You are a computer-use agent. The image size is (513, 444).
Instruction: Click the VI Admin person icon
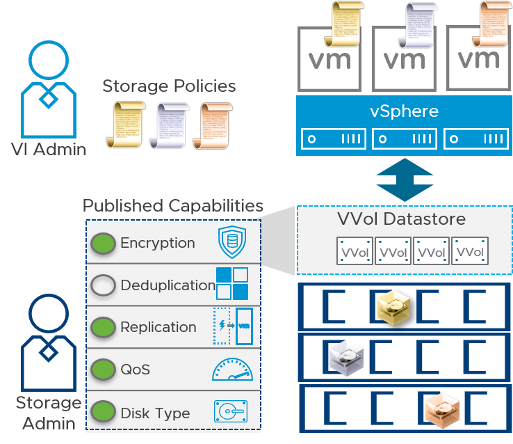pos(47,90)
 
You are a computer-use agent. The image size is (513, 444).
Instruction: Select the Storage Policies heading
pos(169,86)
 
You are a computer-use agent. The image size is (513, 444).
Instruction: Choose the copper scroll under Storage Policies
pos(211,125)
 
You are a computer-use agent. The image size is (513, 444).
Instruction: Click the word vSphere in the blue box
pos(405,111)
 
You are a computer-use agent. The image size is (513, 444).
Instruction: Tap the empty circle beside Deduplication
pos(103,285)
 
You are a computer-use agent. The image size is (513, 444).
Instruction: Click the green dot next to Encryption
pos(103,243)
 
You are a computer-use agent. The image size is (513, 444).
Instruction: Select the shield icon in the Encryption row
pos(232,242)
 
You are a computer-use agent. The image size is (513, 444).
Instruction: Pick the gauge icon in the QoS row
pos(231,369)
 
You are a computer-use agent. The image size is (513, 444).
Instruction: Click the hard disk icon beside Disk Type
pos(231,411)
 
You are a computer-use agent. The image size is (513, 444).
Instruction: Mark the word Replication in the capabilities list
pos(158,327)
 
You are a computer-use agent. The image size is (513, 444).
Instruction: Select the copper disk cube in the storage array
pos(441,409)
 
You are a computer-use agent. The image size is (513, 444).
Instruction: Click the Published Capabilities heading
pos(173,206)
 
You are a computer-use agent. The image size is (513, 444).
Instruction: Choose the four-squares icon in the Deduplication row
pos(231,284)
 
